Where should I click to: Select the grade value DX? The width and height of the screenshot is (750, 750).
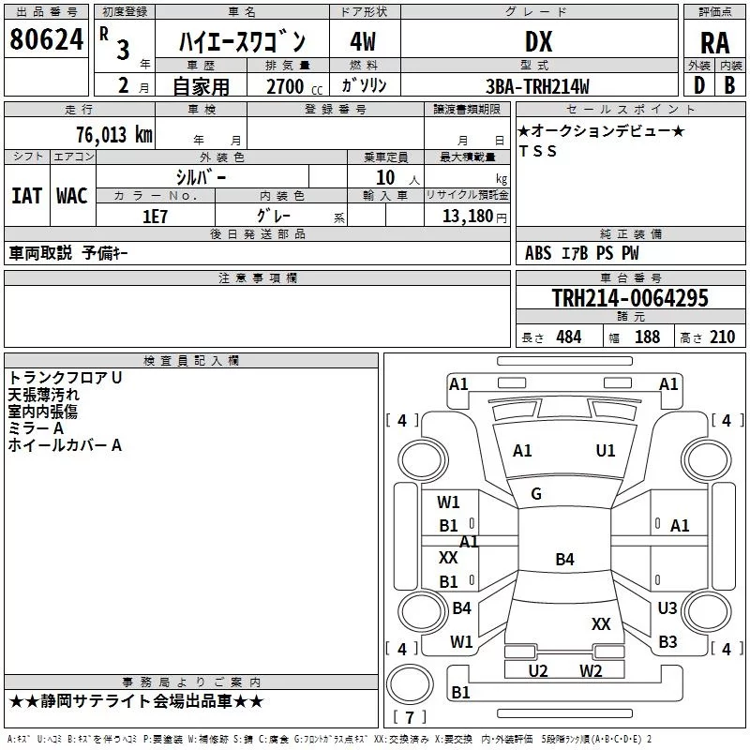538,41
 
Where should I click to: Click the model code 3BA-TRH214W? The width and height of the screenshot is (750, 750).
538,86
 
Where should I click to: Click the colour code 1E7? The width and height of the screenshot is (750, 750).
155,215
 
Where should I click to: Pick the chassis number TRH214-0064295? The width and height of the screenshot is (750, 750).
629,298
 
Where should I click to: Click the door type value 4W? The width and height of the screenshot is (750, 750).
363,41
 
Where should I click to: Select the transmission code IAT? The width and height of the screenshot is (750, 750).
26,195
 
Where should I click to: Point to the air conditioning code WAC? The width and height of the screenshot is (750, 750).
71,195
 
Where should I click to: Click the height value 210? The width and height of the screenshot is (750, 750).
723,337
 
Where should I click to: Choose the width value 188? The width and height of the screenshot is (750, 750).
647,337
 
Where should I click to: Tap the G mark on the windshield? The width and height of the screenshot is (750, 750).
536,494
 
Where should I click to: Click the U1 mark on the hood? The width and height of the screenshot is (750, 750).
606,451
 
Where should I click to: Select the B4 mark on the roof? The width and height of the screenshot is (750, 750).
564,560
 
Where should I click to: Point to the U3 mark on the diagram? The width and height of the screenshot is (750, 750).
667,608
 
